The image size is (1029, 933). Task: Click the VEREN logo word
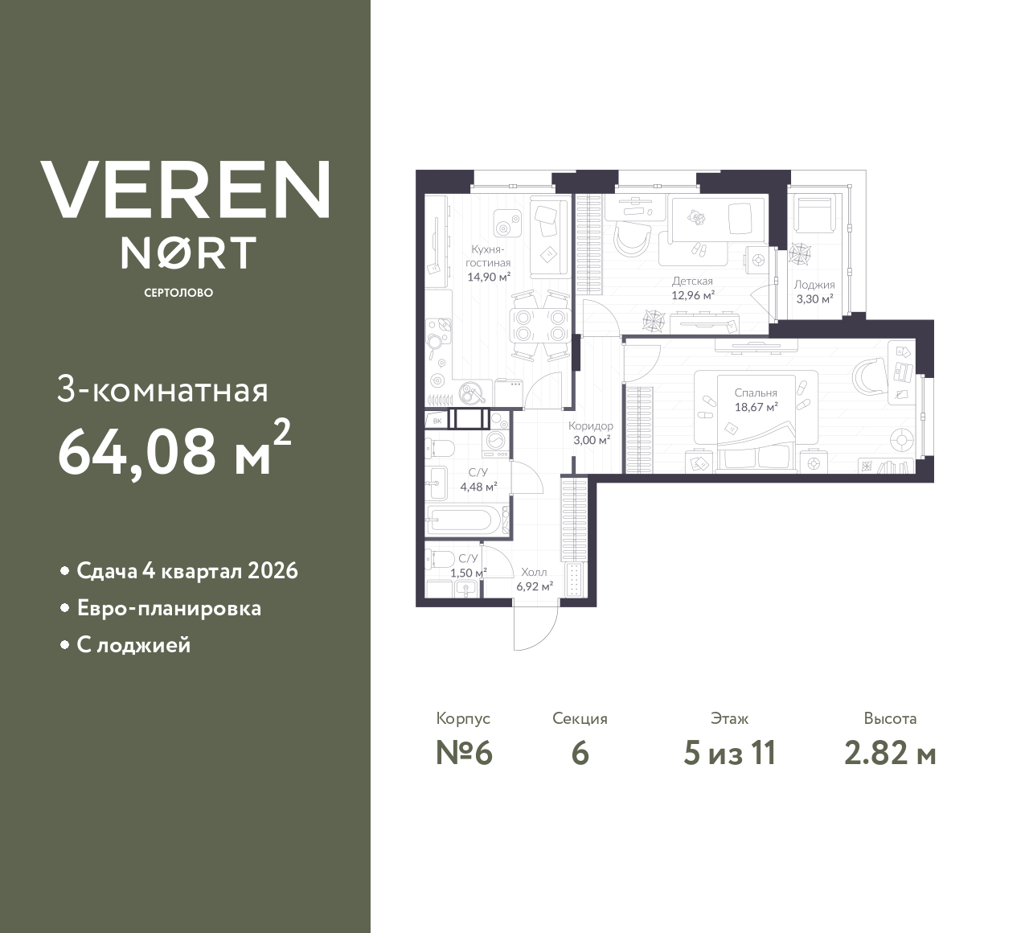pos(185,189)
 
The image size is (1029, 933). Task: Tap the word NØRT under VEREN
pos(189,253)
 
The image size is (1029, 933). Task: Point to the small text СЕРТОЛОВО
pos(178,293)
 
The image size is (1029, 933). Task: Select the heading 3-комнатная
pos(162,391)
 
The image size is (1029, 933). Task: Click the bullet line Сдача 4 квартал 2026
pos(187,571)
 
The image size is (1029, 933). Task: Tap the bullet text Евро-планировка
pos(169,608)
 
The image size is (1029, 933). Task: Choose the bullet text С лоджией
pos(133,645)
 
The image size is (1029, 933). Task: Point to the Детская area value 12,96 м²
pos(693,295)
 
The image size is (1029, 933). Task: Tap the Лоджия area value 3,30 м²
pos(814,298)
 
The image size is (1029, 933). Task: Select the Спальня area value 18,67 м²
pos(756,407)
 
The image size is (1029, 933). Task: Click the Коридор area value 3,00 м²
pos(591,440)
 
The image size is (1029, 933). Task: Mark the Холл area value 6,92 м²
pos(534,586)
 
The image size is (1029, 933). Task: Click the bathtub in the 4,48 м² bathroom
pos(465,520)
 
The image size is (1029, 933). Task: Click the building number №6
pos(463,753)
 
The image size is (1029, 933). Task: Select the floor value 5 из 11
pos(729,753)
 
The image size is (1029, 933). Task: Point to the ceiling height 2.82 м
pos(890,753)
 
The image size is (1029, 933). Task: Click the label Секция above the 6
pos(580,718)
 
